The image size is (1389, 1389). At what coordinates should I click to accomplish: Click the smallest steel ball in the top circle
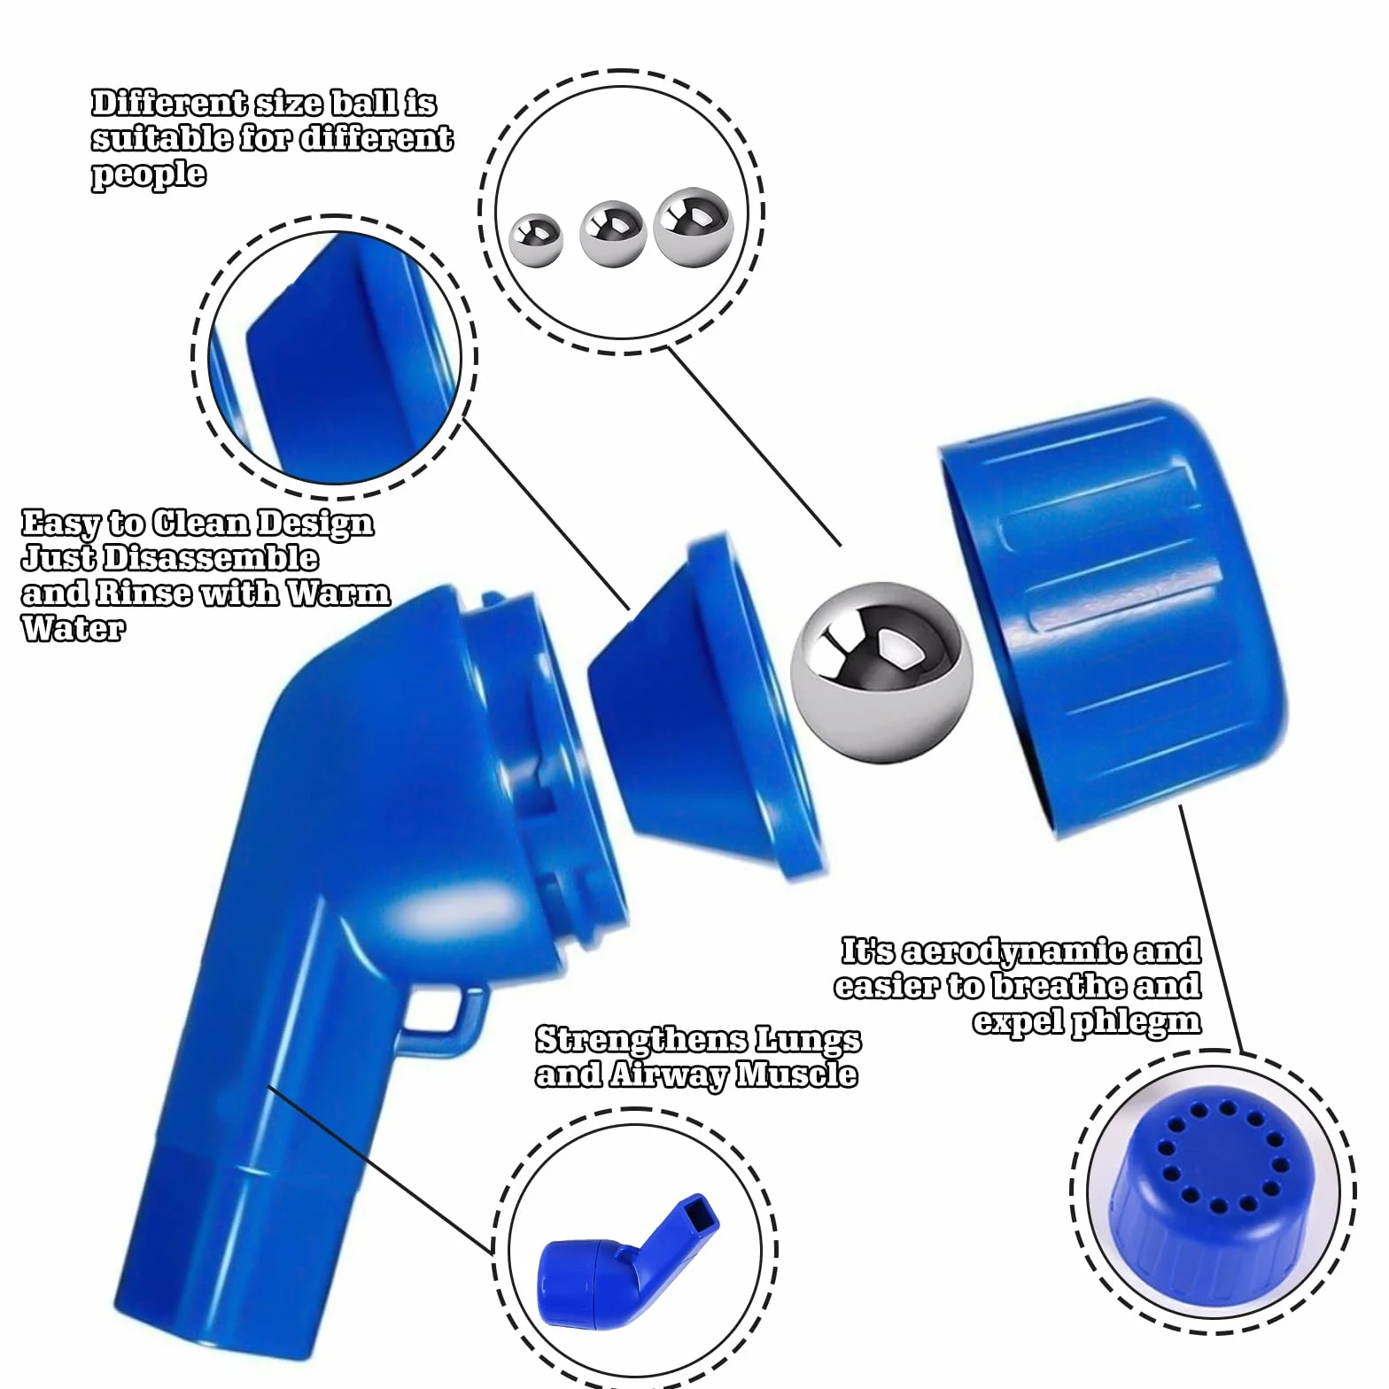tap(537, 238)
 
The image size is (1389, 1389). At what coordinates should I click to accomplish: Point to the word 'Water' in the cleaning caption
tap(74, 628)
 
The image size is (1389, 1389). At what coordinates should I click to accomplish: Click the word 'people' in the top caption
tap(149, 175)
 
